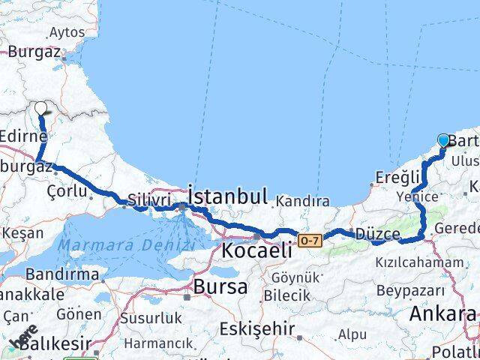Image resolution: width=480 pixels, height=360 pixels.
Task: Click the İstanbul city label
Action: click(228, 197)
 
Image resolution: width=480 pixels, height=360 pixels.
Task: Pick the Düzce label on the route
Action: click(379, 234)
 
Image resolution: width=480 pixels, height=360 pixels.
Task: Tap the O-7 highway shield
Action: click(310, 240)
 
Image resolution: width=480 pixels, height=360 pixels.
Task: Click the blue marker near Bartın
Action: click(443, 140)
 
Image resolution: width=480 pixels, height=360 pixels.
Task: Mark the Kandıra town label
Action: click(302, 201)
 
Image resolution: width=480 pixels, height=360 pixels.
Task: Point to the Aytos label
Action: click(67, 33)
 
